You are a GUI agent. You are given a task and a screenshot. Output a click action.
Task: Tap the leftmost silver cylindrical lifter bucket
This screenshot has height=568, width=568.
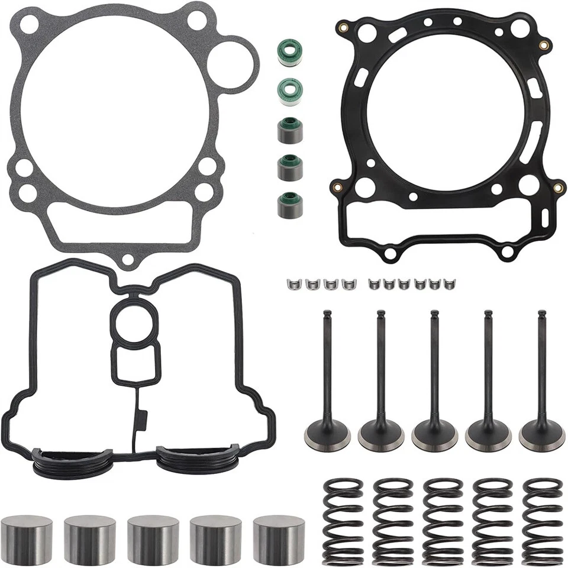26,538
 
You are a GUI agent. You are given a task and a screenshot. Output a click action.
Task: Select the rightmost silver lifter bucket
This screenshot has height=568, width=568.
279,538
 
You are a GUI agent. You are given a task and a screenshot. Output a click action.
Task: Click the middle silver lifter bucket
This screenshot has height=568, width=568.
153,538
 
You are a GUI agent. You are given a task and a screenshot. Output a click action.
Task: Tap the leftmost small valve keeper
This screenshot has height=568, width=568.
291,284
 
